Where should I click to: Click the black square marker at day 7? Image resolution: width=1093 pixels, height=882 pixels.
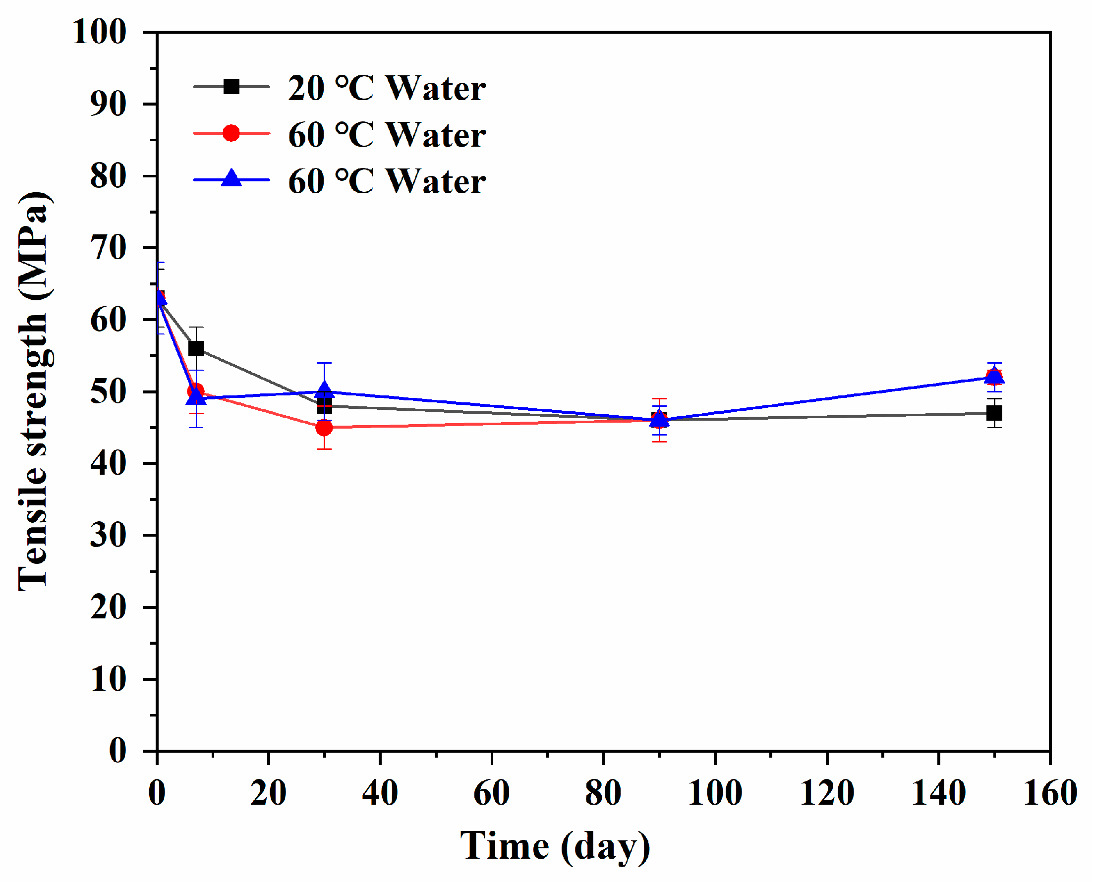point(196,348)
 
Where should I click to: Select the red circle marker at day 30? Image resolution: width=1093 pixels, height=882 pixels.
point(324,427)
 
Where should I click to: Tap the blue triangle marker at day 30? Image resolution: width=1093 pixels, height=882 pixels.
point(324,390)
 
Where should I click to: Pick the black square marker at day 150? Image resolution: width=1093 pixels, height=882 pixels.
point(994,413)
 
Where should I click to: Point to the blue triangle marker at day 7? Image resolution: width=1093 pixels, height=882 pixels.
point(196,397)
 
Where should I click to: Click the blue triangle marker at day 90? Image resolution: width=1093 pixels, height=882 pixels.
point(659,419)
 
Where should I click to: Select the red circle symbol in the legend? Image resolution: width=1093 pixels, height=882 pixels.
point(231,133)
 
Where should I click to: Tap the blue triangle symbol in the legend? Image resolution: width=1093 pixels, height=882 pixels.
point(231,178)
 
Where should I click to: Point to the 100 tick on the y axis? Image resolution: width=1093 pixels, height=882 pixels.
point(100,32)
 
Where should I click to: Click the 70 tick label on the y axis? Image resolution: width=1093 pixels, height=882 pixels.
point(108,248)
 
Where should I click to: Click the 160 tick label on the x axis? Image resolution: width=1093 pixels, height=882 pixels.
point(1050,792)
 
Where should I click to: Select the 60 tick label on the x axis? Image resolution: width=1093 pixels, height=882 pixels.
point(491,792)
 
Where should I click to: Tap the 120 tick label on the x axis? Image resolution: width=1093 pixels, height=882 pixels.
point(827,792)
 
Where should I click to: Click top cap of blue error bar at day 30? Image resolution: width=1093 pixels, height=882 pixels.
point(324,363)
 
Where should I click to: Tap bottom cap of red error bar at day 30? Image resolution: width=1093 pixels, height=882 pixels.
point(324,449)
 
